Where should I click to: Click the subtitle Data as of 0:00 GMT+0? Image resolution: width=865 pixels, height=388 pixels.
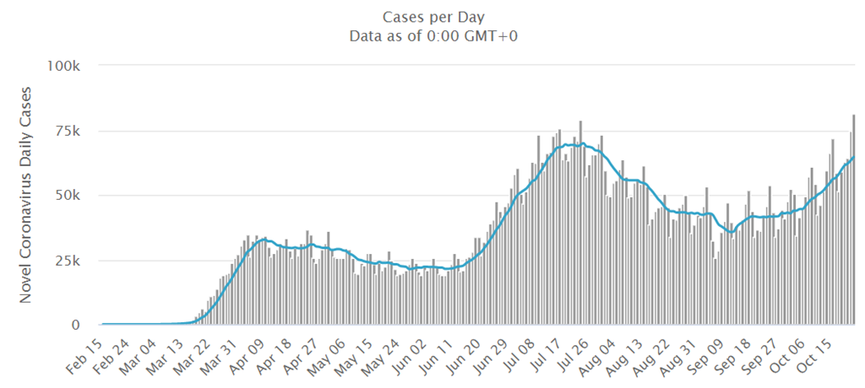(432, 35)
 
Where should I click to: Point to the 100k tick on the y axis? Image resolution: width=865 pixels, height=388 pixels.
(64, 65)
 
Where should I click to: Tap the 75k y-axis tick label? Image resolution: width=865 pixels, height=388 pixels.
(68, 130)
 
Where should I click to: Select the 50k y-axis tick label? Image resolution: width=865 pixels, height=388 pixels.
(68, 195)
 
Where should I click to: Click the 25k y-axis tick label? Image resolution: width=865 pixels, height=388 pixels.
(68, 260)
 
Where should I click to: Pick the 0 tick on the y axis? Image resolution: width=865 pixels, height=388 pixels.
(77, 325)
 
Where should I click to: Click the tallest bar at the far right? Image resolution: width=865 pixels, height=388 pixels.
(854, 219)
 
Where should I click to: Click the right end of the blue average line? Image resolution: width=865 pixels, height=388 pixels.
(854, 157)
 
